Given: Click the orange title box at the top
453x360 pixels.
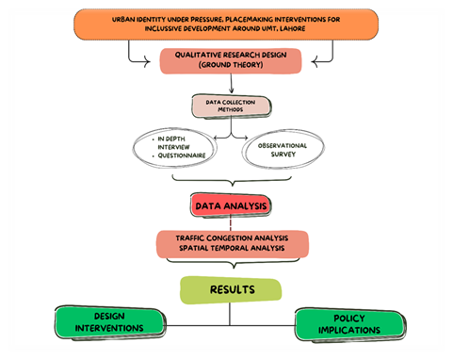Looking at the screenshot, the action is (x=226, y=25).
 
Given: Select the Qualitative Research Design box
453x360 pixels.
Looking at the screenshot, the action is (x=231, y=60).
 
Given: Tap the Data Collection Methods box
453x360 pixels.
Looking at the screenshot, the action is (x=232, y=106).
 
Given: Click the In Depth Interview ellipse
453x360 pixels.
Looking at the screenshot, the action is (x=174, y=147).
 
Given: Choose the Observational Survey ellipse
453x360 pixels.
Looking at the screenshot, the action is (x=283, y=149).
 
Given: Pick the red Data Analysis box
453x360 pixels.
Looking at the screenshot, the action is (x=231, y=205).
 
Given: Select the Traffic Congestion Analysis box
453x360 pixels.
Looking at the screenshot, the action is (x=233, y=244).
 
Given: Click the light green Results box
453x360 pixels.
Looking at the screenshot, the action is (x=231, y=290).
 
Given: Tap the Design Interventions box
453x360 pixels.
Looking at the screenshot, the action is (x=110, y=322).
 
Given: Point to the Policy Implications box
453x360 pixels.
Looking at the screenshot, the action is (x=350, y=324).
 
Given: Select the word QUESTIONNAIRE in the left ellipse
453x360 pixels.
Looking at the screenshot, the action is (x=182, y=155).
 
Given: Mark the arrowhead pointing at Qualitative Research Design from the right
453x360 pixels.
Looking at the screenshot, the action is (x=315, y=61).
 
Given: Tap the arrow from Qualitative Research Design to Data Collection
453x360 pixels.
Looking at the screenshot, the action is (x=232, y=84).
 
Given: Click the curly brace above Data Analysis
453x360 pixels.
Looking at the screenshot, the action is (x=232, y=181).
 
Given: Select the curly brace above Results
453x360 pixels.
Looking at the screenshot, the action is (x=234, y=263).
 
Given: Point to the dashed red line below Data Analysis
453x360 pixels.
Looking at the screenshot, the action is (x=231, y=223).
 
